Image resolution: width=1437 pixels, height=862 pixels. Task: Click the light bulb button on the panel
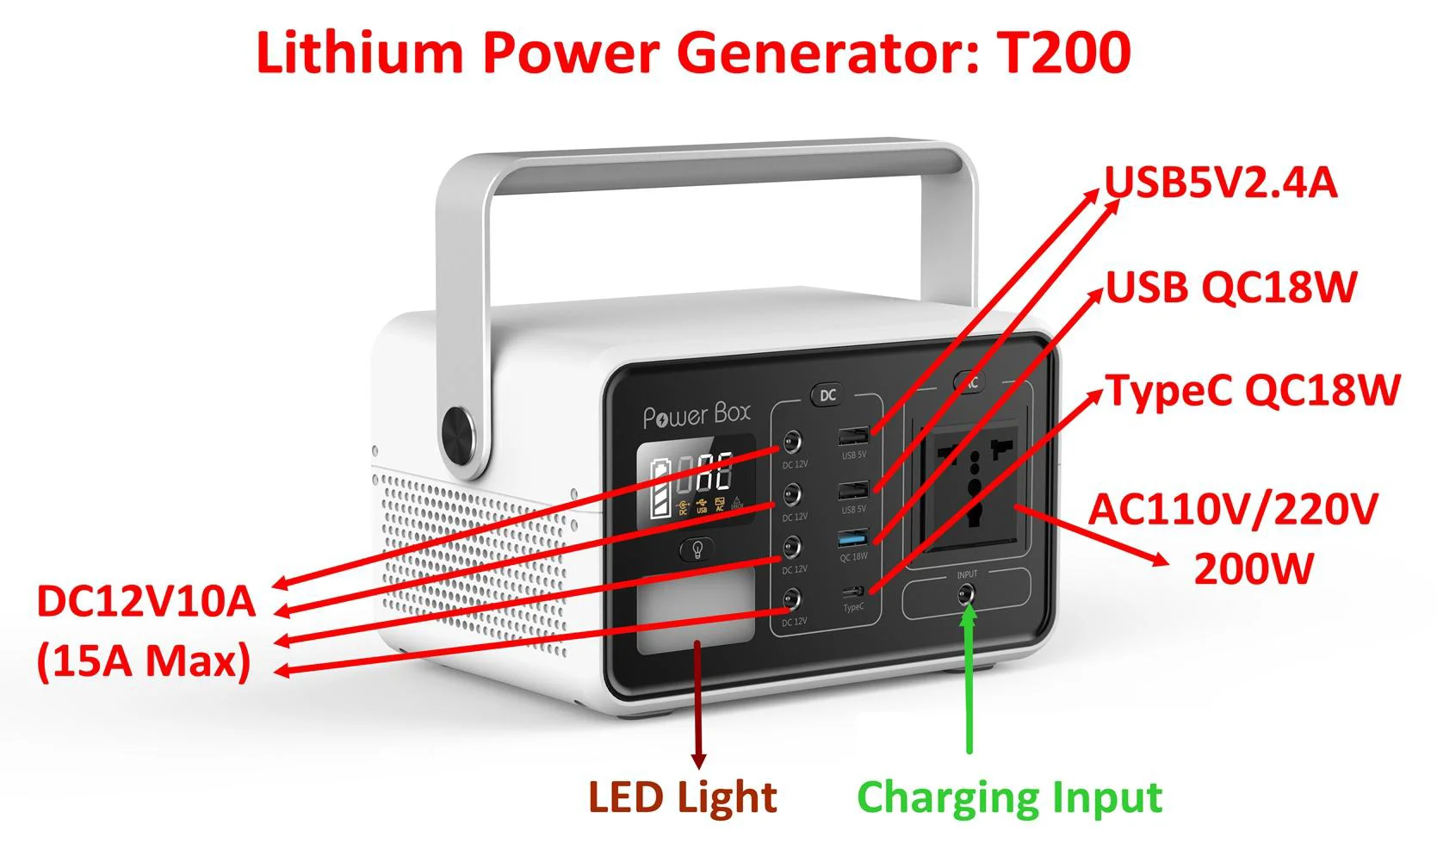coord(698,549)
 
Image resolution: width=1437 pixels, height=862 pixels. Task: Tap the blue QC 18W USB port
coord(852,540)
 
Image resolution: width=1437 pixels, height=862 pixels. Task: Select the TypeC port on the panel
coord(854,592)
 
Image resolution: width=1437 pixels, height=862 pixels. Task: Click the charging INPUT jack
coord(967,593)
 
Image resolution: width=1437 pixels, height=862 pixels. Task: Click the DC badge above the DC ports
coord(827,395)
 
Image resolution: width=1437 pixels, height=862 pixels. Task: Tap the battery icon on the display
coord(661,489)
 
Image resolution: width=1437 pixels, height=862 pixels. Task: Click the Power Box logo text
coord(697,416)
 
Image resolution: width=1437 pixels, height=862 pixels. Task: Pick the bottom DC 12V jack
coord(791,600)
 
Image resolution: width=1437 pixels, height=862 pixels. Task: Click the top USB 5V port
coord(853,436)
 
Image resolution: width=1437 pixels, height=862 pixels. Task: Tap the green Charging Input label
coord(1009,797)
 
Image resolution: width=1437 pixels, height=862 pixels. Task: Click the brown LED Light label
coord(682,797)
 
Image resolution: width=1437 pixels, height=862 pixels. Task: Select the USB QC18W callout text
coord(1231,287)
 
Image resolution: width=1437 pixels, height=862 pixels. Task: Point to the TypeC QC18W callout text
coord(1253,390)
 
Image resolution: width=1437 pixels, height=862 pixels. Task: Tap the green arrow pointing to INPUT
coord(969,680)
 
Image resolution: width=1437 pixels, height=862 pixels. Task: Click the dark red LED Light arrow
coord(698,706)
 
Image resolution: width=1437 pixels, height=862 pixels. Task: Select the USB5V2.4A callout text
coord(1221,183)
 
